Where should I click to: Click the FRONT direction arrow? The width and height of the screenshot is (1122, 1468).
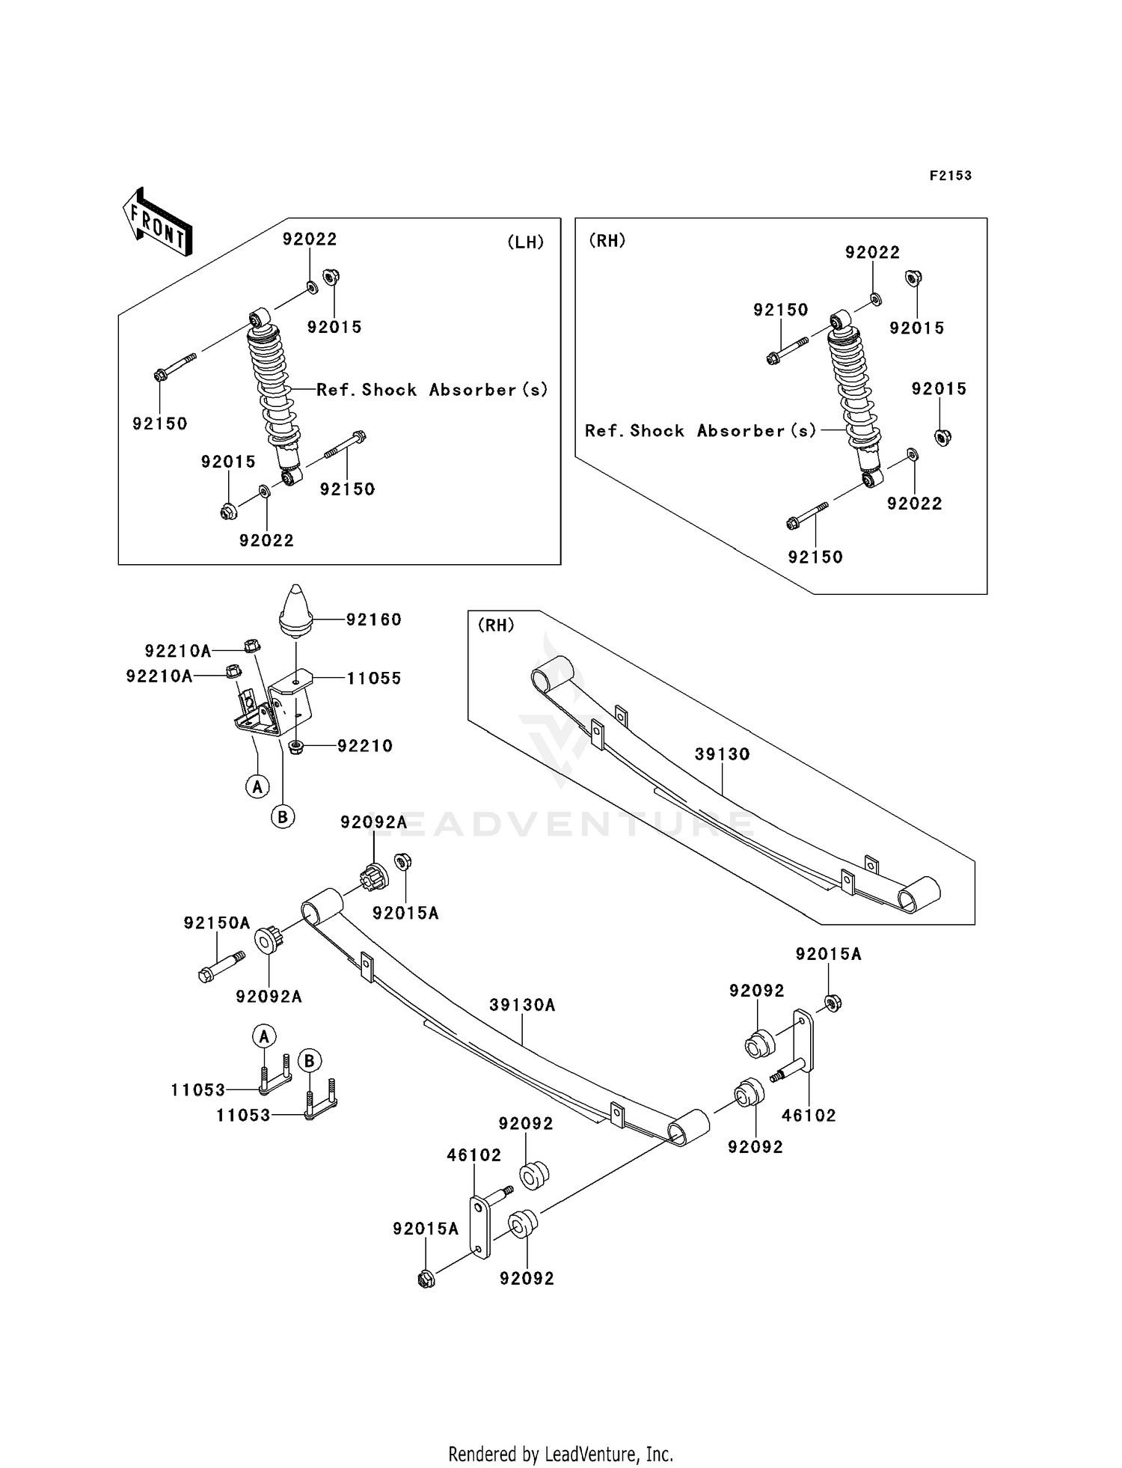[158, 221]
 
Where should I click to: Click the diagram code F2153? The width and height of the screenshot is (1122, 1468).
[950, 175]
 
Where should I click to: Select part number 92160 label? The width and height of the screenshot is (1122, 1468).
[373, 620]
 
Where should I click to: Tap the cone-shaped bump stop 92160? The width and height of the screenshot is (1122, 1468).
[295, 610]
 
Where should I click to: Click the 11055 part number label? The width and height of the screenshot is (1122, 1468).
[373, 678]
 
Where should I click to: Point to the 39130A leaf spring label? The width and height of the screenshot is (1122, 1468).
[522, 1005]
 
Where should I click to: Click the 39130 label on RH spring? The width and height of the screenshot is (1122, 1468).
[722, 754]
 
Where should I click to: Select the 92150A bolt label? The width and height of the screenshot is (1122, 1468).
[217, 923]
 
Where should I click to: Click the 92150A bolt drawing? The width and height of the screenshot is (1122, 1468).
[221, 966]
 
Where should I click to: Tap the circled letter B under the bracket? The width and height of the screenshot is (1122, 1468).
[283, 817]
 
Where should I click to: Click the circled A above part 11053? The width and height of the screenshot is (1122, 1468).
[263, 1036]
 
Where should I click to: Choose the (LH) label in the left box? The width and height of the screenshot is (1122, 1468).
[525, 242]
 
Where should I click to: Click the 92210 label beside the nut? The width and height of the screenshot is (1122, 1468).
[364, 746]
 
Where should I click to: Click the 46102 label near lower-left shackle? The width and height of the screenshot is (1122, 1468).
[473, 1155]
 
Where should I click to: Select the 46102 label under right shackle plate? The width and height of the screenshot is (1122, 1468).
[808, 1116]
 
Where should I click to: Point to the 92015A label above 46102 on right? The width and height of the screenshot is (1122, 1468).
[828, 954]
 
